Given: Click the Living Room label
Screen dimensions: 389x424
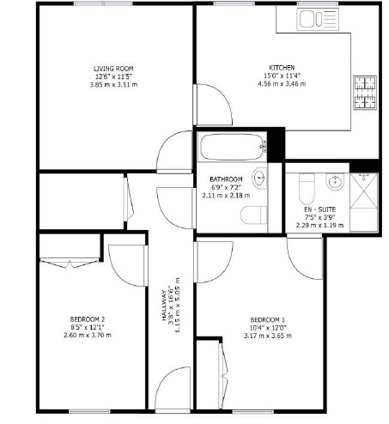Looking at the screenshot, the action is [x=113, y=69].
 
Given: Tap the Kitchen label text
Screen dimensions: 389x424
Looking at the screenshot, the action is [x=282, y=68].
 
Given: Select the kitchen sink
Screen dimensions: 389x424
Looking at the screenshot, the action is [x=318, y=19].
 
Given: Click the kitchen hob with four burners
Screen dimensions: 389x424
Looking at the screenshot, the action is [x=365, y=93].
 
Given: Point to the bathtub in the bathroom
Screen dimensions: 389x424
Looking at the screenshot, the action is [x=232, y=147].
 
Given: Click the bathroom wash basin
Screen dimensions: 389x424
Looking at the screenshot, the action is [x=259, y=179].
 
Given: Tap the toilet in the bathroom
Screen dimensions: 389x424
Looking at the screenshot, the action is [x=254, y=215].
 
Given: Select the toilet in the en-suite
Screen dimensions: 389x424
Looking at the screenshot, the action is [x=307, y=188].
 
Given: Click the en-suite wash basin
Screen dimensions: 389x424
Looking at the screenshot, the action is [x=335, y=181].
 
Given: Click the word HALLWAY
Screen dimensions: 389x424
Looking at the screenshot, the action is [x=164, y=306].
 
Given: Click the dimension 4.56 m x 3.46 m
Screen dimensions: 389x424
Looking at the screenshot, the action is [x=282, y=84].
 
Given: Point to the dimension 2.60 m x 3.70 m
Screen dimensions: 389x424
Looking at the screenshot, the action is [x=88, y=335].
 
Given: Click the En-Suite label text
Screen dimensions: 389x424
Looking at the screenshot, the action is [x=319, y=209].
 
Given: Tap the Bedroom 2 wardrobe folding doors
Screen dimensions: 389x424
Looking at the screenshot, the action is [x=70, y=263].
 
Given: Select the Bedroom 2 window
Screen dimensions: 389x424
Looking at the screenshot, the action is [x=89, y=412].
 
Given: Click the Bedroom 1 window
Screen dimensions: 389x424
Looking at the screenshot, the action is [x=252, y=412].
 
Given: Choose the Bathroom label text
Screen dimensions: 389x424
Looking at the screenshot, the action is [x=226, y=179].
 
